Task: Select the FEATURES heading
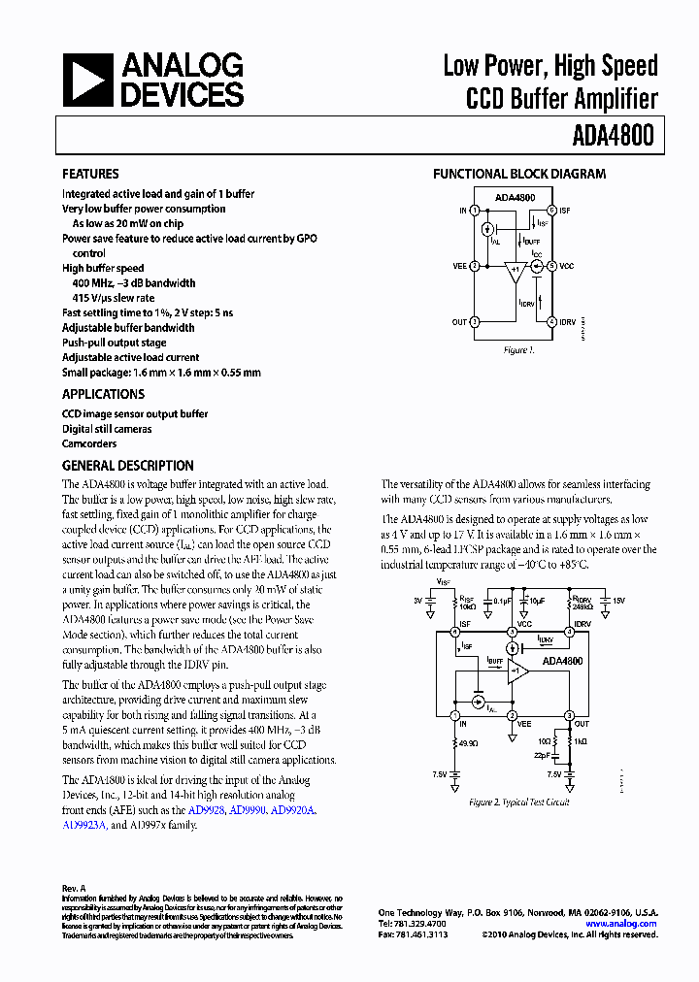tap(90, 174)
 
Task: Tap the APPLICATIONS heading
tap(103, 394)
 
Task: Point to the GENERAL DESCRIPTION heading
tap(128, 465)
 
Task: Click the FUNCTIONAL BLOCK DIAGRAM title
tap(518, 174)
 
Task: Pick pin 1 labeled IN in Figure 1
tap(475, 210)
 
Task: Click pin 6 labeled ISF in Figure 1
tap(551, 210)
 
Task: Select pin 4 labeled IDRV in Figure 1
tap(551, 321)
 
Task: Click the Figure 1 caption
tap(519, 349)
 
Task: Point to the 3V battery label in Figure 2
tap(418, 601)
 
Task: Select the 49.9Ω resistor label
tap(471, 743)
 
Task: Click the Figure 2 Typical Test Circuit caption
tap(518, 802)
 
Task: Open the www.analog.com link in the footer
tap(620, 924)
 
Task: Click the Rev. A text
tap(75, 888)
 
